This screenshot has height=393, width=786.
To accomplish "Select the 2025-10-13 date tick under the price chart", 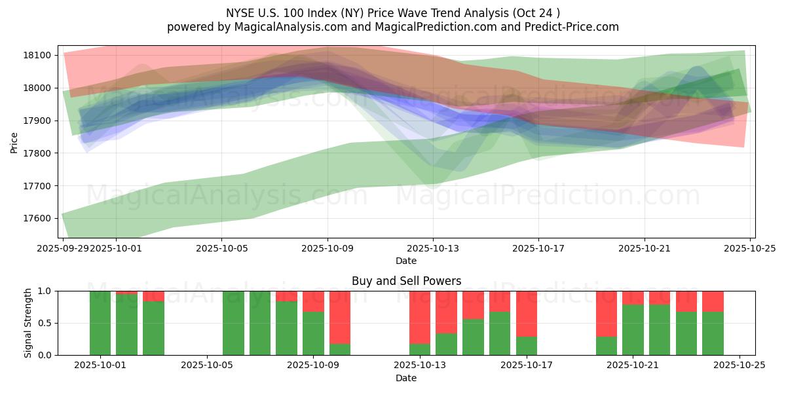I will [432, 248].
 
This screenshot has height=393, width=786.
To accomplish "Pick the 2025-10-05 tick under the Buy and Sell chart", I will [207, 365].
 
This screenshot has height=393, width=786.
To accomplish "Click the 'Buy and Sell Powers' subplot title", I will [406, 281].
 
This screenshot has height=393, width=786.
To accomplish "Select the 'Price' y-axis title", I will [14, 142].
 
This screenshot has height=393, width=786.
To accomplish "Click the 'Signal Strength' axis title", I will [28, 323].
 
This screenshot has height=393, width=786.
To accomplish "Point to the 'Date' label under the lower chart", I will [406, 378].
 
